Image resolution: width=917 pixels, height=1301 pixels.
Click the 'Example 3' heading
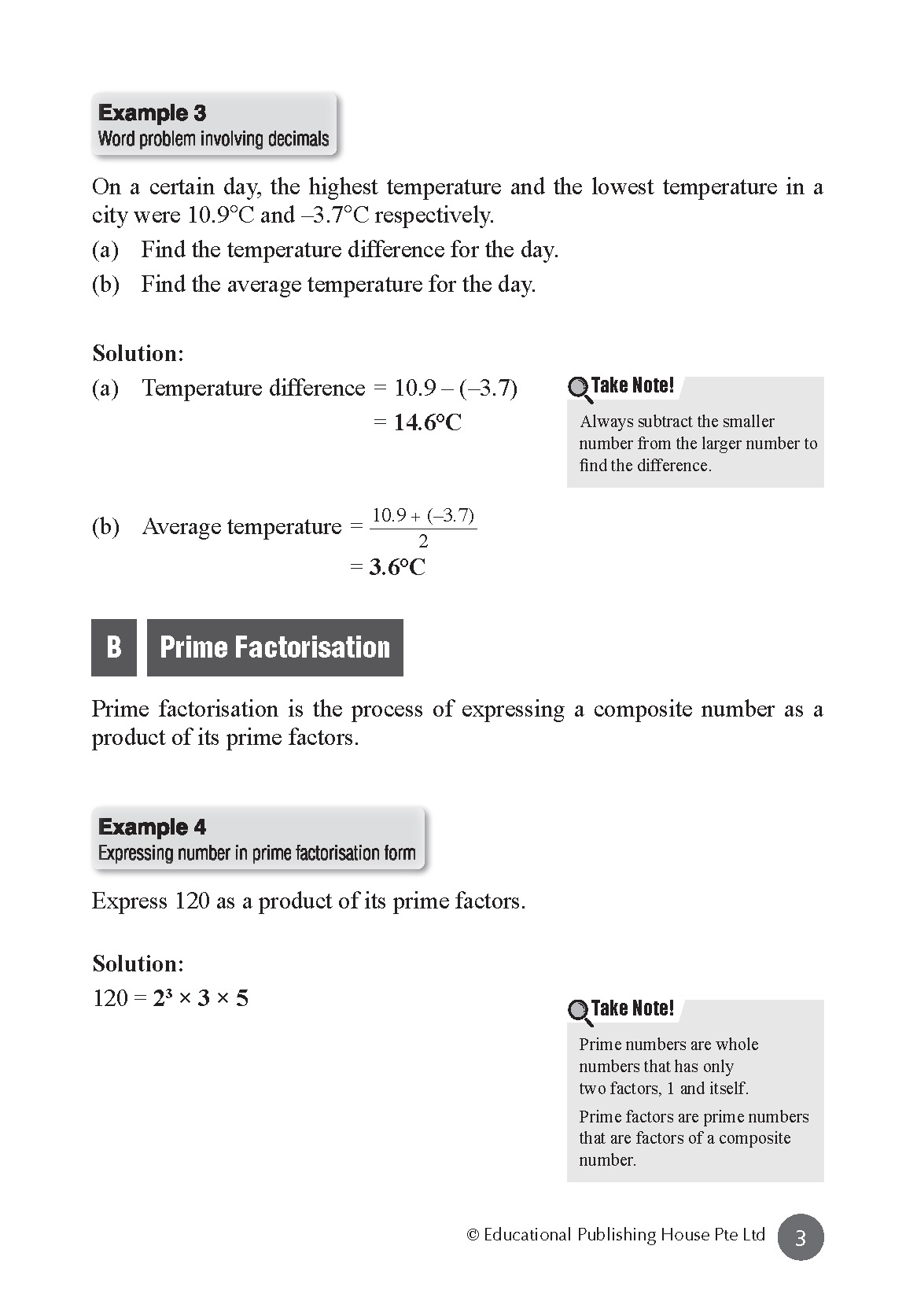152,113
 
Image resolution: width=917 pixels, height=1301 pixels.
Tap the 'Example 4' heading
152,827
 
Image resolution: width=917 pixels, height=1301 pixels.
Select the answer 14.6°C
427,423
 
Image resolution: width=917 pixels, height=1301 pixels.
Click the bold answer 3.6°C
397,568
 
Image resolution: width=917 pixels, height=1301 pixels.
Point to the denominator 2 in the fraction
423,542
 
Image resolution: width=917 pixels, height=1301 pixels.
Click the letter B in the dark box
114,647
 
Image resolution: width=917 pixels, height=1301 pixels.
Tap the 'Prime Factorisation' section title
274,647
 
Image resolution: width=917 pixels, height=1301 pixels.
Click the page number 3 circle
801,1238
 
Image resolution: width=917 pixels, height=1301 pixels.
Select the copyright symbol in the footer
473,1235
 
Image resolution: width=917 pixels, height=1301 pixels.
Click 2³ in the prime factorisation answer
163,998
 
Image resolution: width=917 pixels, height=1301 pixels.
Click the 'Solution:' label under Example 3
138,354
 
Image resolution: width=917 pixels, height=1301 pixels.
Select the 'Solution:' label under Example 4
138,964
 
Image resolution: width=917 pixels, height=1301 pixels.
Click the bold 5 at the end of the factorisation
242,999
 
